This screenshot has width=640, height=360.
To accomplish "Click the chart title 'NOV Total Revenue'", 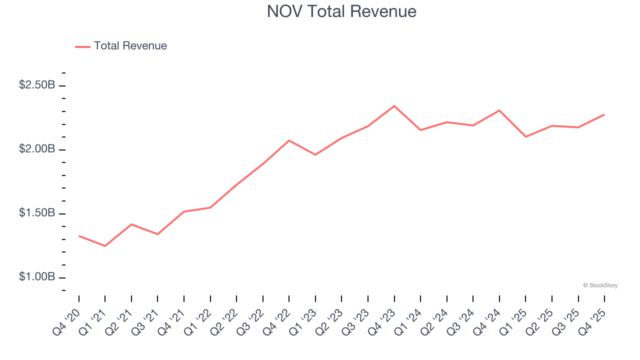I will pos(341,11).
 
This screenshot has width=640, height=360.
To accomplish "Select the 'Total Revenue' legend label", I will pos(130,46).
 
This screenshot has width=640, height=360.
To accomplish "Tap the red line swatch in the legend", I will pos(82,46).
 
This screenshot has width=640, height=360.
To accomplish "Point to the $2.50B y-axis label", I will pos(37,85).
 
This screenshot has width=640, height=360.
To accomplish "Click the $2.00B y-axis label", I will pos(37,149).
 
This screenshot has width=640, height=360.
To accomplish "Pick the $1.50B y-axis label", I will pos(37,213).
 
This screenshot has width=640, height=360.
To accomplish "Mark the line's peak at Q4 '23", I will pos(394,106).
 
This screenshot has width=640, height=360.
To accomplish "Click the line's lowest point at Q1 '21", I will pos(105,246).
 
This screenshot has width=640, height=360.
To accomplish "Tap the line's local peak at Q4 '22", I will pos(289,140).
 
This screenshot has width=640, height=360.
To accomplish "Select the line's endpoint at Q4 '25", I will pos(604,114).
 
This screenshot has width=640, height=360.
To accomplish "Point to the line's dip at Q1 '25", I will pos(525,136).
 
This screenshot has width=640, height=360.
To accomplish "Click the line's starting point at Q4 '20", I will pos(79,235).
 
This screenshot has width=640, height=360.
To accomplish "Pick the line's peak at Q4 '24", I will pos(499,110).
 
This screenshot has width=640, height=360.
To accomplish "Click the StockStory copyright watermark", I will pos(600,285).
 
